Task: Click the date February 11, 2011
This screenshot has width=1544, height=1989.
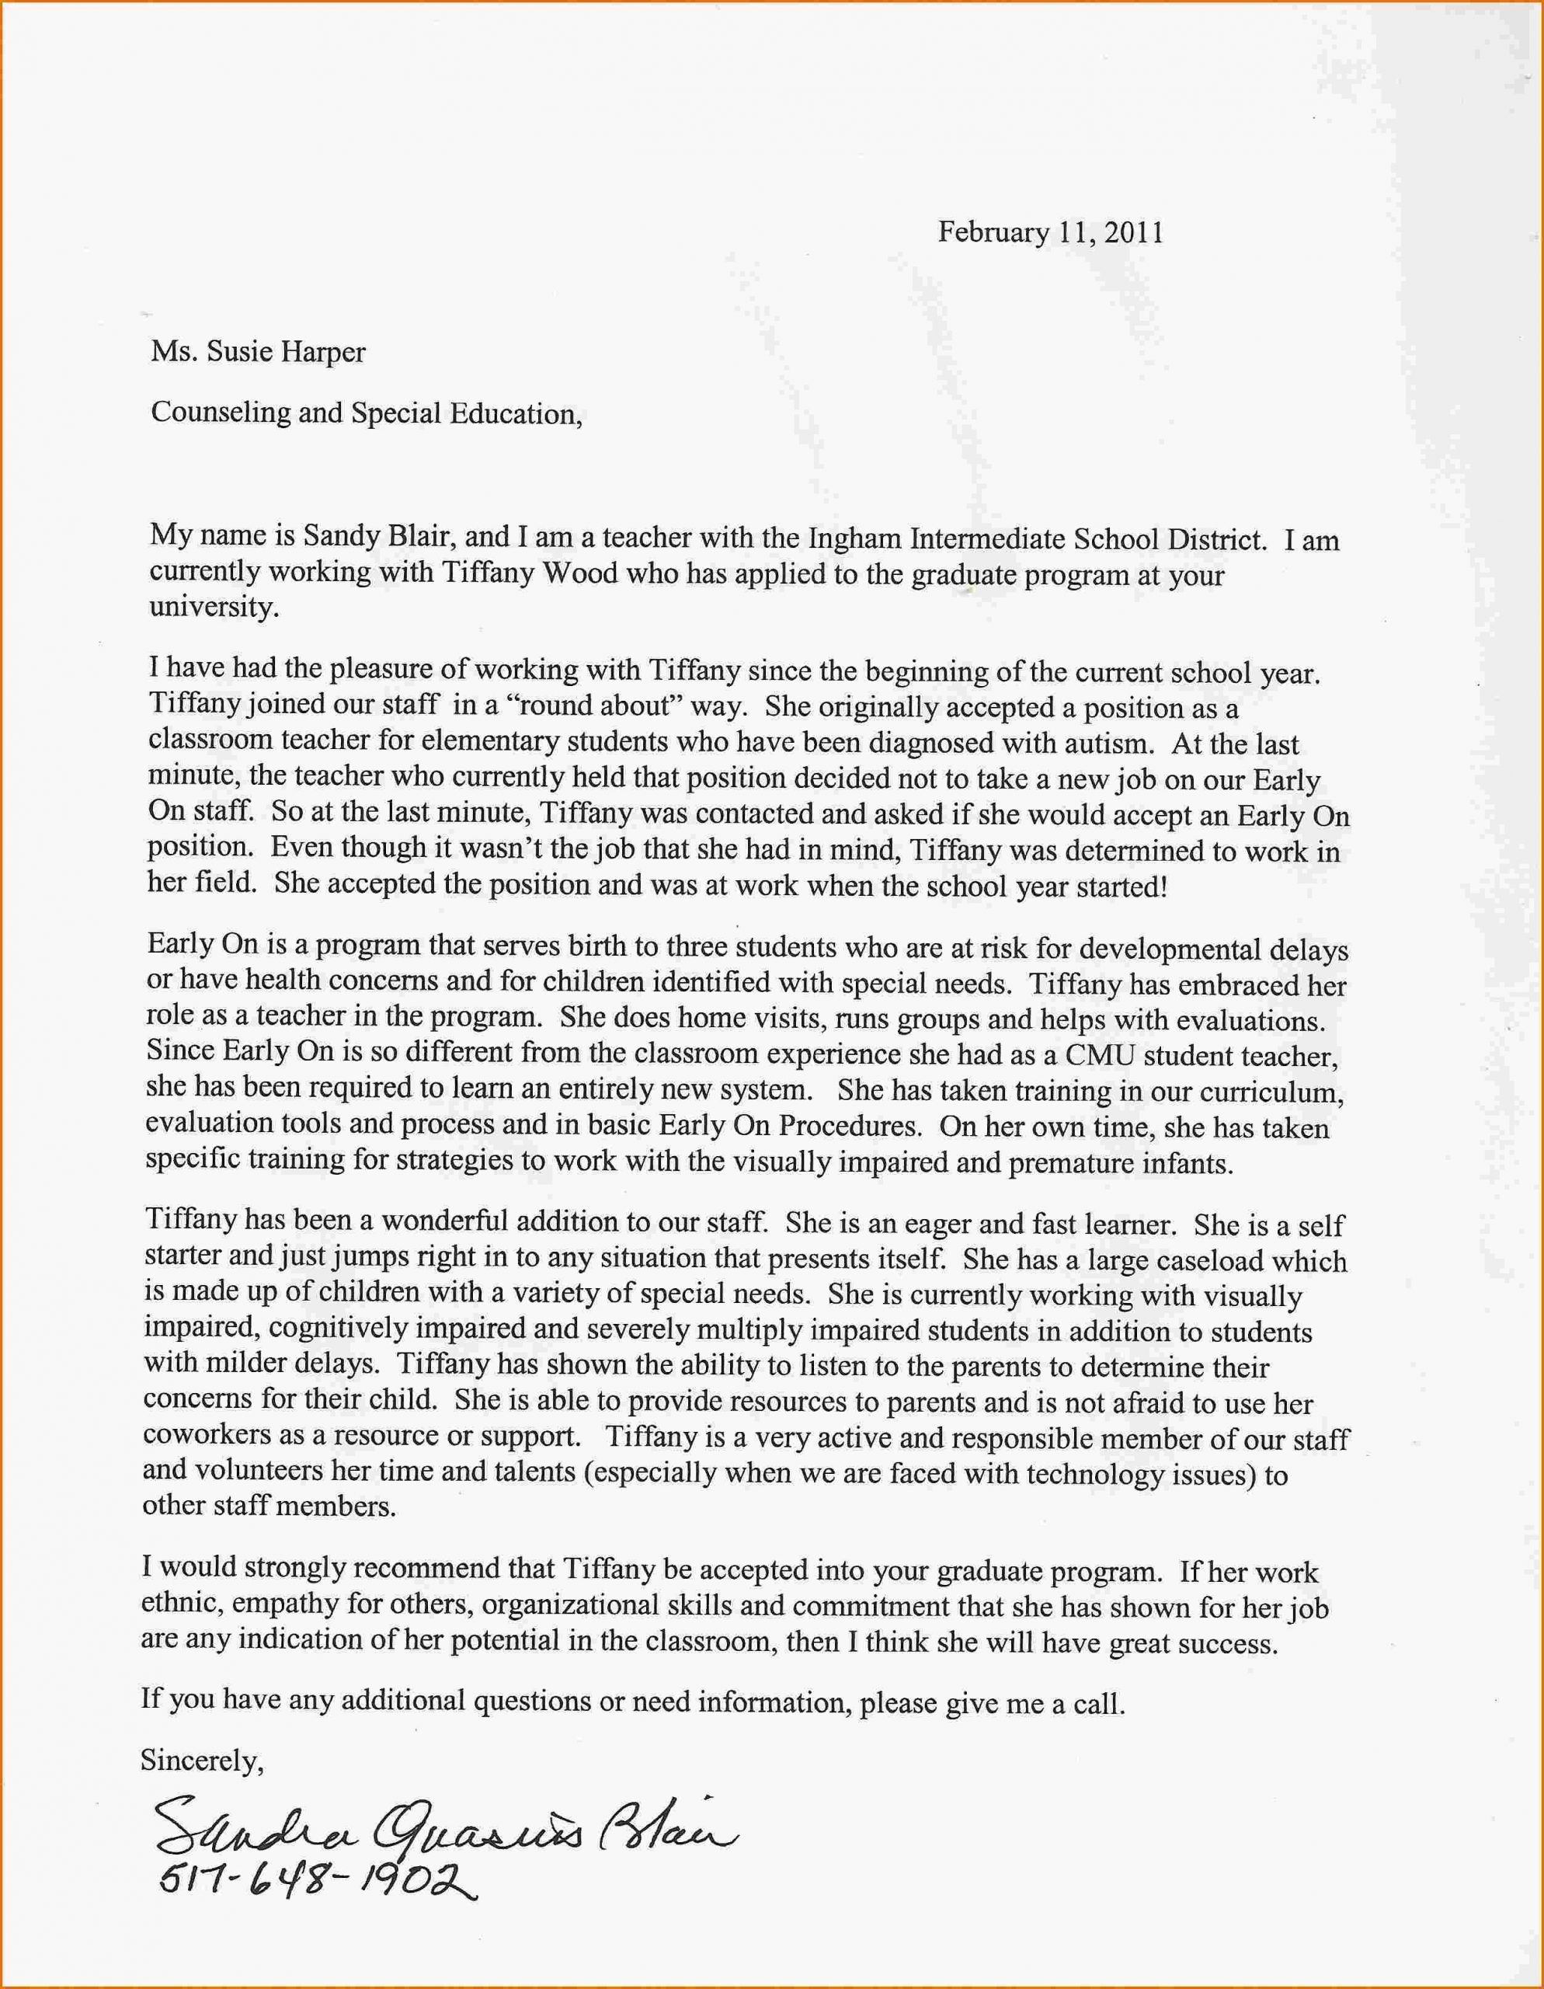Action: point(1051,232)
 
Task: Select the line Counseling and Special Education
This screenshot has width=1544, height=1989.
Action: point(366,413)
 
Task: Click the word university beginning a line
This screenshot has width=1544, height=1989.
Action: point(213,607)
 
